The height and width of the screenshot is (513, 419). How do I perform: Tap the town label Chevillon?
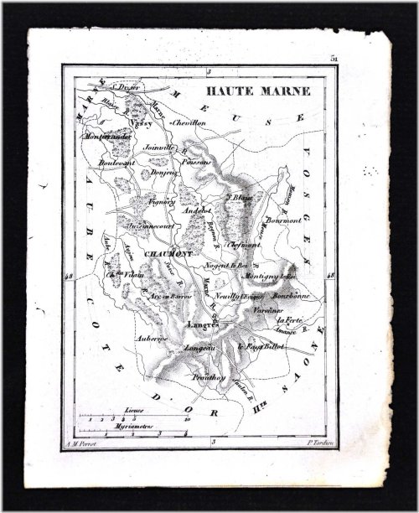pos(189,122)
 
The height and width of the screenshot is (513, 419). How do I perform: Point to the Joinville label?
pos(159,148)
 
